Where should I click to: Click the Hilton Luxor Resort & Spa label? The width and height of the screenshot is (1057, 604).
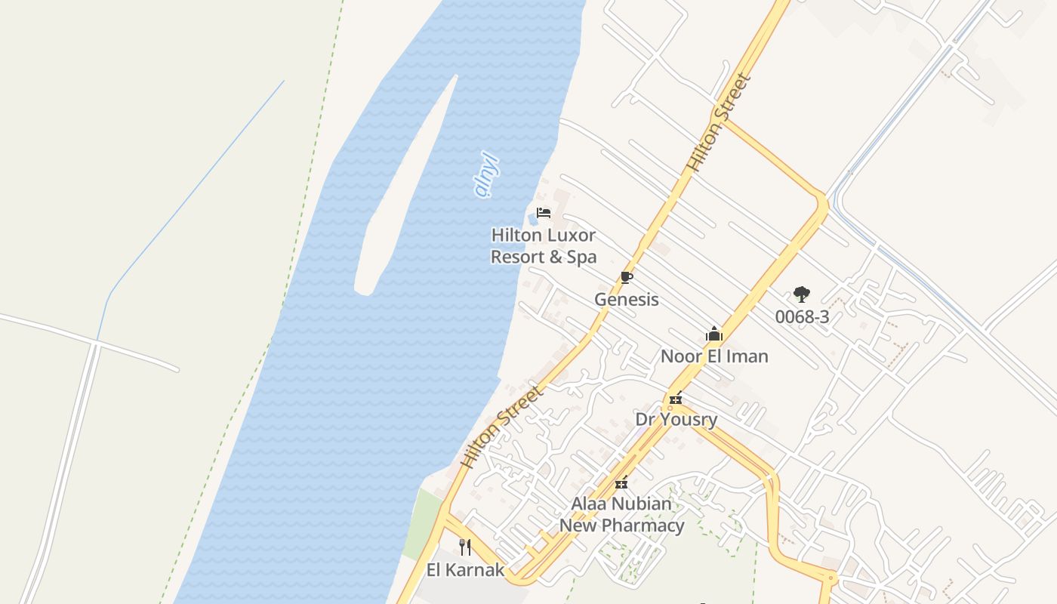[544, 246]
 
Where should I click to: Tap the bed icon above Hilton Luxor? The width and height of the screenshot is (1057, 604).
[544, 213]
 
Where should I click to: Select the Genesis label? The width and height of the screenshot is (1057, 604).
[627, 300]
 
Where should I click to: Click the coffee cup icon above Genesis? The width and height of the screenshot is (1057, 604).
[627, 277]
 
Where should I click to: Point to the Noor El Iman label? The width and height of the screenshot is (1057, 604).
[714, 356]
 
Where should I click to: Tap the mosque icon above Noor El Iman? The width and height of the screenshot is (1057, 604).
[714, 333]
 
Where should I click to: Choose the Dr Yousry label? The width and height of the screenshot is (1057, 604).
[676, 419]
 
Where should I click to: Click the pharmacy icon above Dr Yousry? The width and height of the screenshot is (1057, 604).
[676, 397]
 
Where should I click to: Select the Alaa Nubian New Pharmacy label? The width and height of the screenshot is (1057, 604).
[621, 515]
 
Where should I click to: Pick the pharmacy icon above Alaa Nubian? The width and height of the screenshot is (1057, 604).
[621, 482]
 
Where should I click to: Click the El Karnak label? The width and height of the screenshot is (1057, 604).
[465, 570]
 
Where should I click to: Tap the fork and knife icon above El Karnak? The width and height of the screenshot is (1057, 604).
[465, 547]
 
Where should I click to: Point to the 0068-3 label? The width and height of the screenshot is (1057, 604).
[802, 317]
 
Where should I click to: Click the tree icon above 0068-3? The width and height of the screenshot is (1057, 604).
[802, 294]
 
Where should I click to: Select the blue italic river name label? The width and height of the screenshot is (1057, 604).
[488, 175]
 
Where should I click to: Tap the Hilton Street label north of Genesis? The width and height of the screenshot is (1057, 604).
[719, 122]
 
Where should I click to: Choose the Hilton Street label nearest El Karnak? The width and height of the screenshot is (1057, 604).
[502, 427]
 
